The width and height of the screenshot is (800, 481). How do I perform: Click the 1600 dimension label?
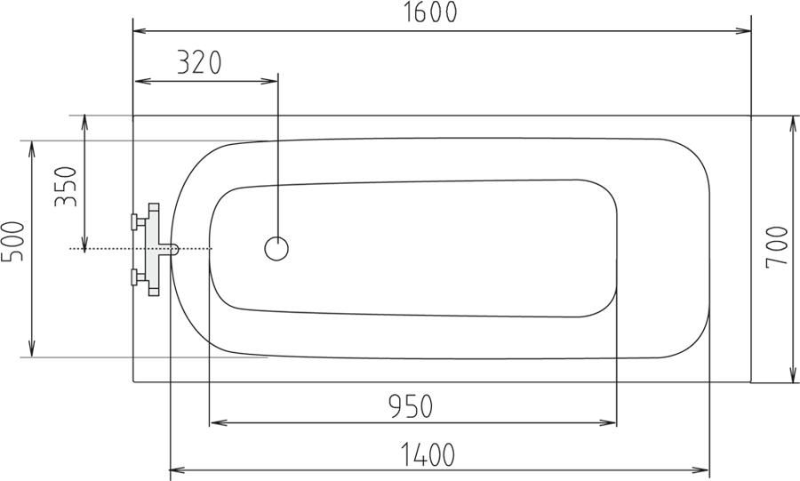pyautogui.click(x=430, y=12)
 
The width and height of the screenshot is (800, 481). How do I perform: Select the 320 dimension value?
pyautogui.click(x=199, y=62)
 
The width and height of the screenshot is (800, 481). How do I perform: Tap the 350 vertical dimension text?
pyautogui.click(x=66, y=186)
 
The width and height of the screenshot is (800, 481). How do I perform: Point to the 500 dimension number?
pyautogui.click(x=12, y=241)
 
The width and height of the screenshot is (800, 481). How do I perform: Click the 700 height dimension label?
pyautogui.click(x=777, y=247)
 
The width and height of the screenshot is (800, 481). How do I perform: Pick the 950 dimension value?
pyautogui.click(x=411, y=406)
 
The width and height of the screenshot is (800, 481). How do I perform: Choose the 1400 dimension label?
pyautogui.click(x=428, y=455)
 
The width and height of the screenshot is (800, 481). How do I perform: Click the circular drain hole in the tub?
pyautogui.click(x=276, y=248)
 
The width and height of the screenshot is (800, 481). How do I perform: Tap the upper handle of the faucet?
pyautogui.click(x=139, y=222)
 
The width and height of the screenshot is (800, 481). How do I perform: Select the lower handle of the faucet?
pyautogui.click(x=139, y=277)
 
